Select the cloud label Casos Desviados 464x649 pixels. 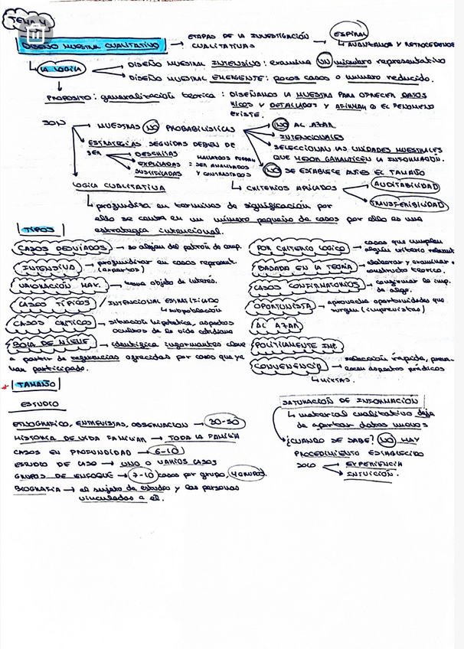click(61, 249)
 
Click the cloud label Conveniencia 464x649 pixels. click(289, 367)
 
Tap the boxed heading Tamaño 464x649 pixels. click(31, 383)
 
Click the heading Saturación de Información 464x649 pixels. click(349, 400)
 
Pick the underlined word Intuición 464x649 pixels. click(372, 474)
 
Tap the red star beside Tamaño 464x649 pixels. click(6, 386)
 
